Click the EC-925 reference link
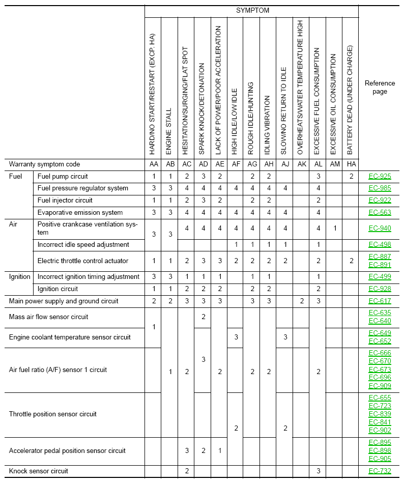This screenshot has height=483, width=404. (x=380, y=177)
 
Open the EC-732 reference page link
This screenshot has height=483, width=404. (x=380, y=471)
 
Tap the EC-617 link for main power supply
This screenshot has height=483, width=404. (x=380, y=301)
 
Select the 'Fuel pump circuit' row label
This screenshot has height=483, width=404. (x=63, y=177)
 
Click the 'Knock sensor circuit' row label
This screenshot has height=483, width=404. (x=39, y=471)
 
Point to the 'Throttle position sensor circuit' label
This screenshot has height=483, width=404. (x=53, y=414)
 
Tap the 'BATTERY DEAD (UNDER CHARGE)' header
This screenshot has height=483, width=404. (x=350, y=100)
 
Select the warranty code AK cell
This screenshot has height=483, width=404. (x=301, y=164)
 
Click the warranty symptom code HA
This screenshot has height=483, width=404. (x=350, y=164)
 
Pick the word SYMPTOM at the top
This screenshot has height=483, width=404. (x=252, y=10)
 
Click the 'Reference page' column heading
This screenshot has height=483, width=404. (x=380, y=87)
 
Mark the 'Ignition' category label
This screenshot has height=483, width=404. (x=20, y=277)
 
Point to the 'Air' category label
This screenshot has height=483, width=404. (x=14, y=224)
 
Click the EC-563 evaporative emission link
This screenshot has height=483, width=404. (x=380, y=212)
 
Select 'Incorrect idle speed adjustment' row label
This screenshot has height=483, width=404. (x=83, y=245)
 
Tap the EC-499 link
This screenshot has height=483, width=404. (x=380, y=277)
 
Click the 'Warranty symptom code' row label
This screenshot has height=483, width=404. (x=45, y=164)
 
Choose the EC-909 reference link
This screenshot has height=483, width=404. (x=380, y=386)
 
